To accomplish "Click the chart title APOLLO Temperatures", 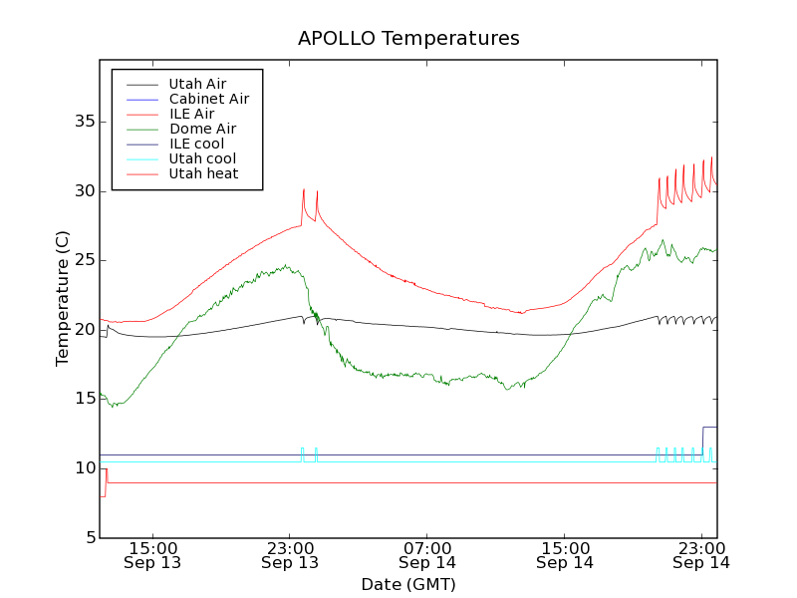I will point(408,39).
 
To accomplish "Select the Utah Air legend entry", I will point(197,84).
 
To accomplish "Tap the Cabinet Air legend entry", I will point(208,99).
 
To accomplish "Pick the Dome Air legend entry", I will point(202,129).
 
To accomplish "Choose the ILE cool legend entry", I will point(196,144).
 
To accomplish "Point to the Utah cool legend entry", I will point(202,158).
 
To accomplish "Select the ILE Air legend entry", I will point(191,114).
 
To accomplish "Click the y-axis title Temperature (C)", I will point(63,299).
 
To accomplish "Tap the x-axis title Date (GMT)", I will point(408,584).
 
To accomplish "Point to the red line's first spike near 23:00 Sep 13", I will point(303,190).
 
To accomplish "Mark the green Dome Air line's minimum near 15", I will point(115,406).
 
